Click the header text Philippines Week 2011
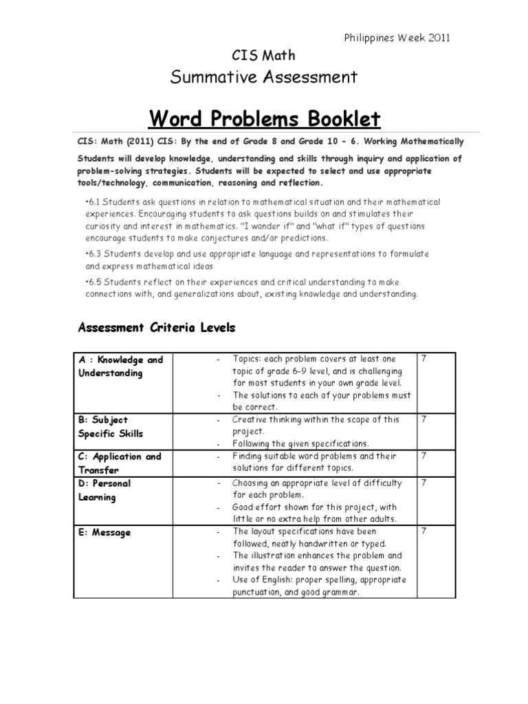pyautogui.click(x=397, y=38)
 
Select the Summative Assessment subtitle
pyautogui.click(x=263, y=76)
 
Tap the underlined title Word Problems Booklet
pyautogui.click(x=264, y=119)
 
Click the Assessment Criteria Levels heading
pyautogui.click(x=157, y=328)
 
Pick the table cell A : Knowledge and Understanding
pyautogui.click(x=121, y=366)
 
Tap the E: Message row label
pyautogui.click(x=105, y=533)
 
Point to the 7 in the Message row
pyautogui.click(x=423, y=531)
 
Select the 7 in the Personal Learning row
pyautogui.click(x=423, y=483)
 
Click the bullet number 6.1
pyautogui.click(x=94, y=202)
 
